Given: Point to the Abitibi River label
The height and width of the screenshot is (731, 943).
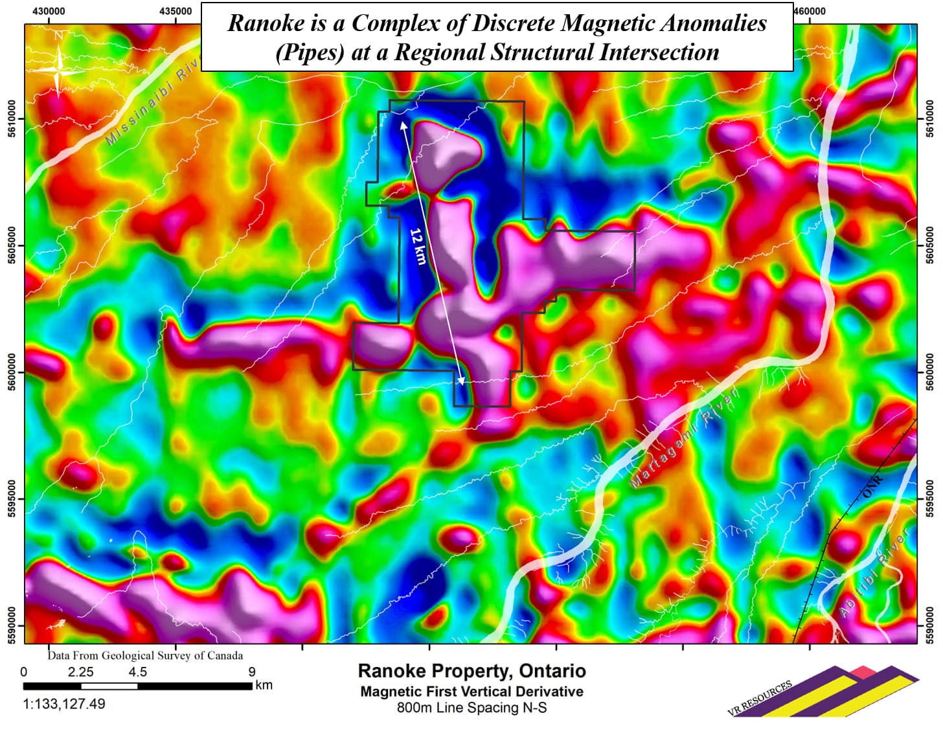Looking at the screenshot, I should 874,572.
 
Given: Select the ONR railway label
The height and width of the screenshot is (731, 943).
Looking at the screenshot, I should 873,486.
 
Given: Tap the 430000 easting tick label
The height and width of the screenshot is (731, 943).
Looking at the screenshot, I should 49,11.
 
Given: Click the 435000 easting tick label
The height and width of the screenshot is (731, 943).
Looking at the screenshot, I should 176,11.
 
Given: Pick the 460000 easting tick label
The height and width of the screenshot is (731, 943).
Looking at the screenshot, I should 810,11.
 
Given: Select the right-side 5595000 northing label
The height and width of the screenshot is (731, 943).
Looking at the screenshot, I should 930,499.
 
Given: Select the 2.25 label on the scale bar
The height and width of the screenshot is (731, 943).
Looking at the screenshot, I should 81,672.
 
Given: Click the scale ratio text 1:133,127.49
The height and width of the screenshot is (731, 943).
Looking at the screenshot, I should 64,704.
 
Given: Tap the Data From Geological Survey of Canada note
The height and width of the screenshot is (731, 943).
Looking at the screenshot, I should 145,655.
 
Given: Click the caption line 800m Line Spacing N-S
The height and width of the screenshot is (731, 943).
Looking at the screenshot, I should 471,708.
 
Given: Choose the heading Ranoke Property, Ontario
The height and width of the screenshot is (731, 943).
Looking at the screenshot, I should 471,671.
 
